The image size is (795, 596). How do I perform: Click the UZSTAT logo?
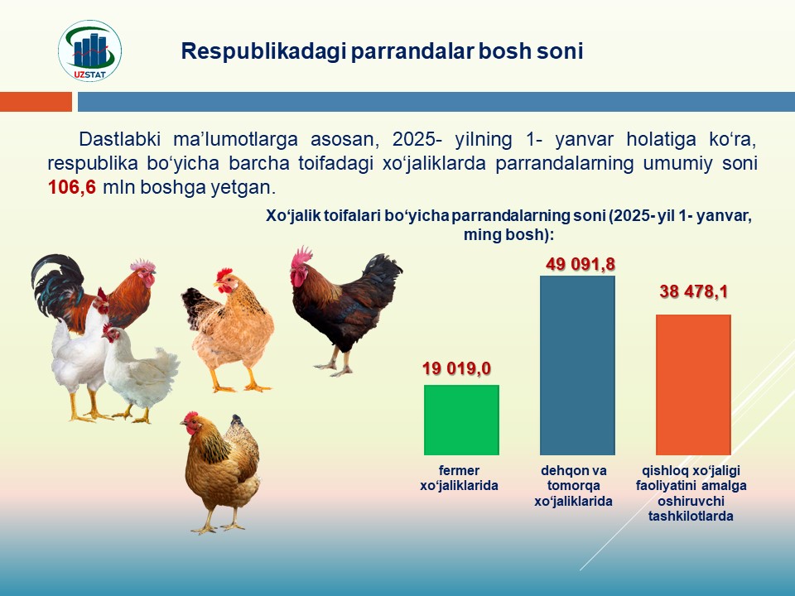click(x=89, y=50)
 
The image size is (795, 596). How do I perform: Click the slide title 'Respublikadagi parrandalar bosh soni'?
click(x=382, y=51)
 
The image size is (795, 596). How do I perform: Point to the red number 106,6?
click(x=72, y=188)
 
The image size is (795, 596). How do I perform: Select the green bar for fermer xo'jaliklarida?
click(x=461, y=420)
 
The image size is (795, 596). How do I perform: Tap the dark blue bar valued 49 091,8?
click(x=577, y=365)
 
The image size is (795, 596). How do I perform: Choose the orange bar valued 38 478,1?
click(x=694, y=385)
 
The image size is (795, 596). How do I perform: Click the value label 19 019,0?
click(x=457, y=368)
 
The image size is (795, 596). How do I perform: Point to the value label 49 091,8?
click(x=581, y=264)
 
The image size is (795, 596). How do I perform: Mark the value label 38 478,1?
click(x=694, y=291)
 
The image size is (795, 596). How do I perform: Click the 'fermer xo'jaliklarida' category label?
click(x=459, y=478)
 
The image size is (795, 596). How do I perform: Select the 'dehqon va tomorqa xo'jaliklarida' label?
click(x=573, y=486)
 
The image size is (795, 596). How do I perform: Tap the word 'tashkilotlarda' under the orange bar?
click(x=691, y=517)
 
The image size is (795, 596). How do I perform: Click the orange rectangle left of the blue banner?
click(x=36, y=101)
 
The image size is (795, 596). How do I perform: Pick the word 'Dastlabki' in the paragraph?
click(x=119, y=139)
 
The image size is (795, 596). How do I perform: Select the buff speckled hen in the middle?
click(x=228, y=330)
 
